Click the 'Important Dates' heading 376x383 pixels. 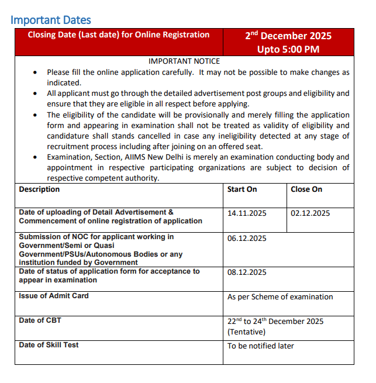pyautogui.click(x=50, y=20)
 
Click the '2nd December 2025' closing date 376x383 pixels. pyautogui.click(x=288, y=36)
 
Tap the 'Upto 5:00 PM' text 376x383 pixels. pyautogui.click(x=288, y=49)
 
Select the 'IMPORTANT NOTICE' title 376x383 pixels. pyautogui.click(x=184, y=61)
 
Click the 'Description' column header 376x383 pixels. pyautogui.click(x=39, y=189)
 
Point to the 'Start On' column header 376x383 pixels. pyautogui.click(x=242, y=189)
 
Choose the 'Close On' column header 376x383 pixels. pyautogui.click(x=306, y=189)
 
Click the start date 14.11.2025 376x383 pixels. pyautogui.click(x=247, y=213)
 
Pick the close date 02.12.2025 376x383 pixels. pyautogui.click(x=311, y=213)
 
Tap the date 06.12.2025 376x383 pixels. pyautogui.click(x=247, y=239)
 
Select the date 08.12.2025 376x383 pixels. pyautogui.click(x=247, y=272)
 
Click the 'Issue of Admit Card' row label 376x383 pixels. pyautogui.click(x=54, y=296)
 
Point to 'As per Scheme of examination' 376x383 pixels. pyautogui.click(x=280, y=297)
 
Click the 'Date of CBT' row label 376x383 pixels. pyautogui.click(x=40, y=320)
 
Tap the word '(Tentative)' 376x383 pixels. pyautogui.click(x=246, y=332)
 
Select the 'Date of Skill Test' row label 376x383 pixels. pyautogui.click(x=49, y=345)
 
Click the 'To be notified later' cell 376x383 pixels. pyautogui.click(x=261, y=346)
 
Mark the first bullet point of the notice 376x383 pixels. pyautogui.click(x=36, y=73)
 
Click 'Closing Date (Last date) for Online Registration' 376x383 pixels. pyautogui.click(x=119, y=35)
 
